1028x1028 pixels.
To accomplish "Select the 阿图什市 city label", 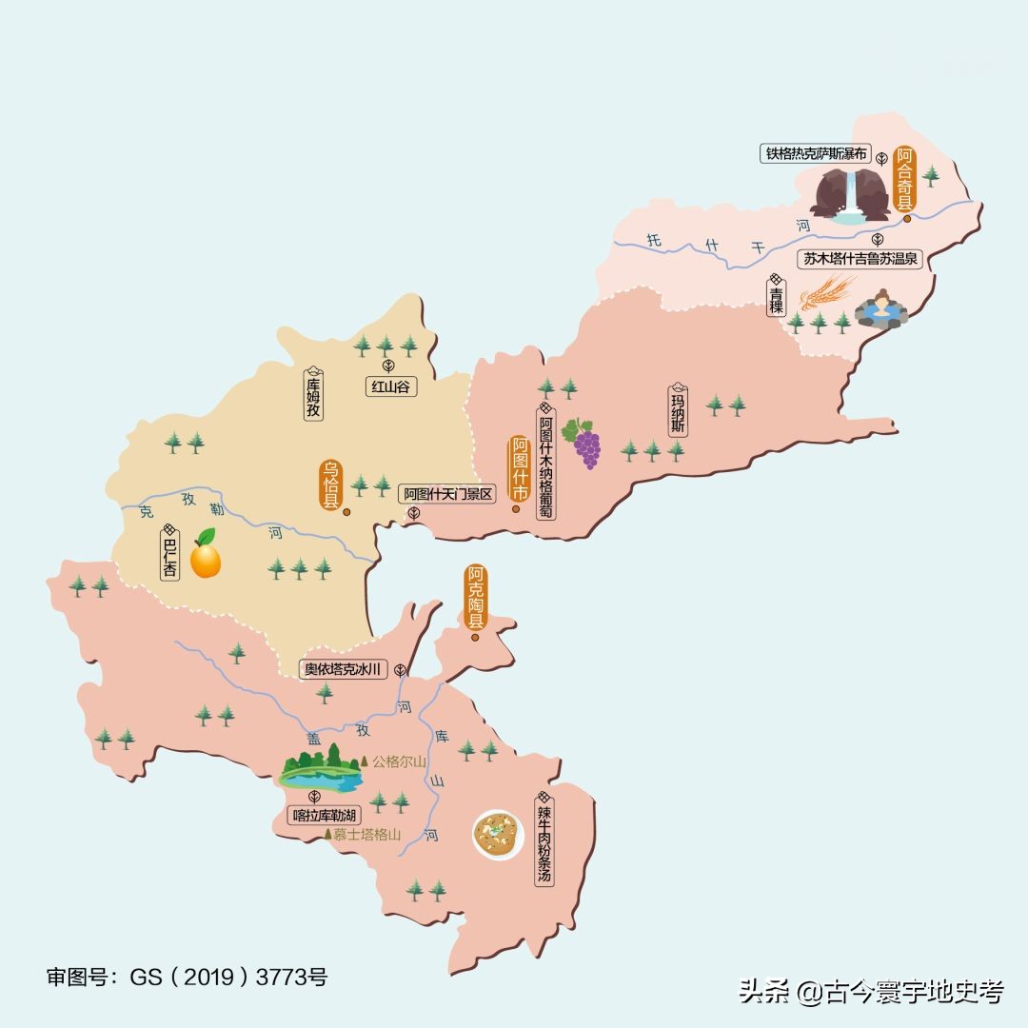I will click(520, 469).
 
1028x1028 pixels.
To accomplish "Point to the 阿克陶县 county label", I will click(475, 598).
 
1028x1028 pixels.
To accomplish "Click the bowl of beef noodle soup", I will click(499, 835).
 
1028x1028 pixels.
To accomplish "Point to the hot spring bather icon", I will click(880, 307).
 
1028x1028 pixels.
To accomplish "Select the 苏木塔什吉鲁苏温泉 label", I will click(860, 258).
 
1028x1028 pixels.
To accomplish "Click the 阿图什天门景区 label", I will click(446, 494).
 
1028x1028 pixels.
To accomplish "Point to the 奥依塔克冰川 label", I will click(342, 669).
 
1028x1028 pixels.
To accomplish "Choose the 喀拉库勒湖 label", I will click(324, 815).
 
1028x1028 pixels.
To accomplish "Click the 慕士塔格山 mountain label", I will click(366, 835).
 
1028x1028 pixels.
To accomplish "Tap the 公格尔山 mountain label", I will click(398, 761).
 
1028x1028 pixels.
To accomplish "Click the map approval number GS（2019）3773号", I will click(188, 978).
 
